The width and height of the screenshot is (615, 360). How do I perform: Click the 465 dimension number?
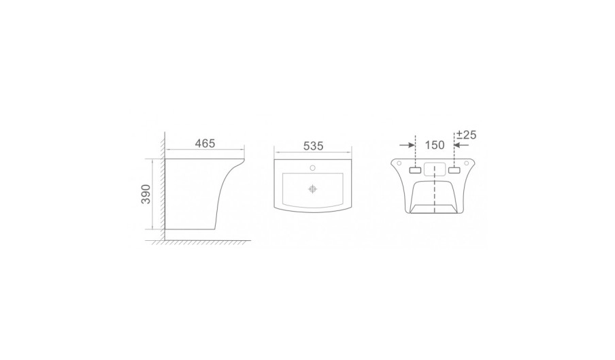coord(205,144)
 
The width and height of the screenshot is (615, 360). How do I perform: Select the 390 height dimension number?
coord(146,194)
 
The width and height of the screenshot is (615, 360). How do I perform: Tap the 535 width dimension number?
coord(313,146)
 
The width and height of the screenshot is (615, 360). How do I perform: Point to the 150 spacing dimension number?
coord(435,145)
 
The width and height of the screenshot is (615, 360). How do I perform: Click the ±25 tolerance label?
coord(466,135)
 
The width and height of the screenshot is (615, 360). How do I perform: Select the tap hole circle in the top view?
coord(312,168)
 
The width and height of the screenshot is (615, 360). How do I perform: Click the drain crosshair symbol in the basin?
coord(312,189)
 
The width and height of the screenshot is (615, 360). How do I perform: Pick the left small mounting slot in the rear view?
coord(415,170)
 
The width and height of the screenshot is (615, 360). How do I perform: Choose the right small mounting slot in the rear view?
coord(454,170)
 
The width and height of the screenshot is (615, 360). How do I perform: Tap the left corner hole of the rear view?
coord(399,163)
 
